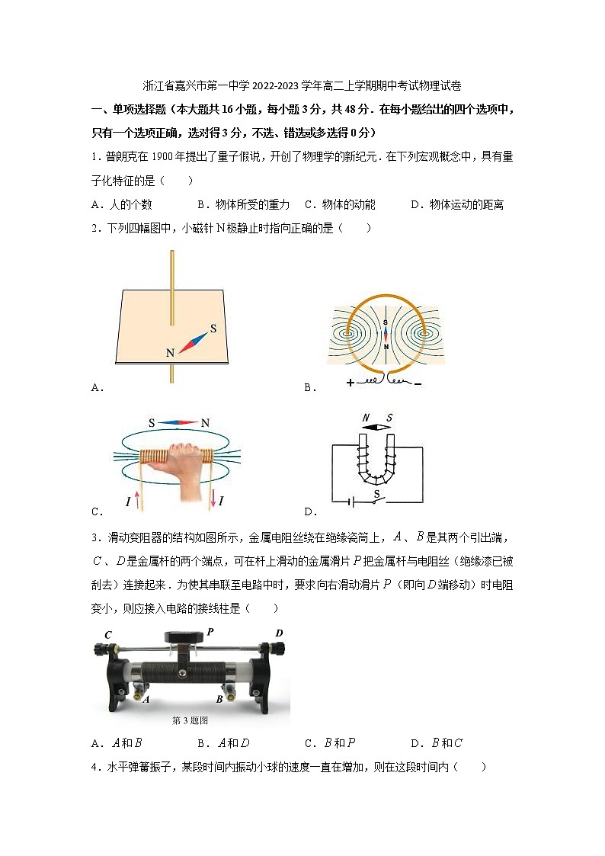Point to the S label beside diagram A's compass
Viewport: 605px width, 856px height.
coord(213,329)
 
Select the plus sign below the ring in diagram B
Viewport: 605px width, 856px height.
coord(351,383)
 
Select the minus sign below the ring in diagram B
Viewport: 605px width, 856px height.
coord(418,383)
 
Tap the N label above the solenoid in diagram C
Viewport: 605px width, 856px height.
coord(205,423)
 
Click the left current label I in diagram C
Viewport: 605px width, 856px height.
coord(128,501)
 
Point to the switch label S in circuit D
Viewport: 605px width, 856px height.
coord(376,493)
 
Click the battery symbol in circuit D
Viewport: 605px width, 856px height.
coord(351,502)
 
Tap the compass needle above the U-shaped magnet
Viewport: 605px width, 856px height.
coord(377,428)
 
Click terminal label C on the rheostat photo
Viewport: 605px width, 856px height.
coord(108,635)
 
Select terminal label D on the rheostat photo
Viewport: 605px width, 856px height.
coord(279,633)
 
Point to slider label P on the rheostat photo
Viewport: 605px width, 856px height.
coord(210,631)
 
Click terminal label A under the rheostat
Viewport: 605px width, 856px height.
coord(145,698)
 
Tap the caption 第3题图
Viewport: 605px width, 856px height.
coord(190,720)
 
